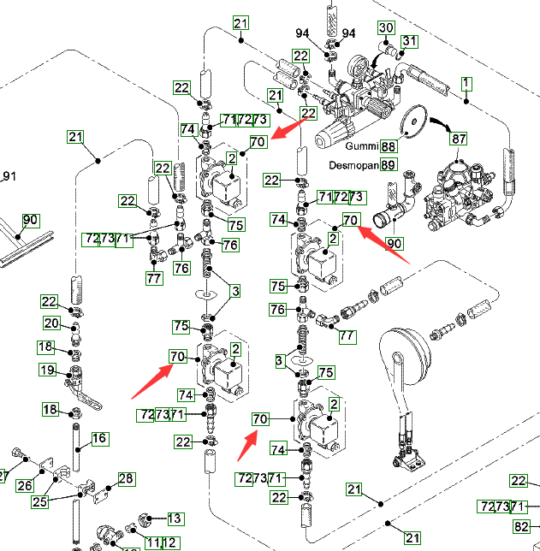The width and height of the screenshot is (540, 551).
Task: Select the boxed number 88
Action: (x=389, y=147)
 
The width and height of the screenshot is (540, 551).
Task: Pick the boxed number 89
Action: (x=389, y=165)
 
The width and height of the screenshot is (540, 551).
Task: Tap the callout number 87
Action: (x=460, y=139)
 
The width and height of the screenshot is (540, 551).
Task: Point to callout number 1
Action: (x=466, y=83)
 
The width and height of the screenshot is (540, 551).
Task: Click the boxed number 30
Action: (x=386, y=27)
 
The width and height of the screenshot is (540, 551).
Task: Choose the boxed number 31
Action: (x=409, y=42)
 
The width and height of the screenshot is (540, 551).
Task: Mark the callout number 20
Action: (x=51, y=323)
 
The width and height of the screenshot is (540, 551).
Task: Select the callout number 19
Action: (x=46, y=370)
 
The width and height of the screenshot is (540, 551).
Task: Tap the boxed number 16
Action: (x=99, y=438)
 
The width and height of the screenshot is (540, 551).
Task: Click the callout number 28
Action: (x=126, y=478)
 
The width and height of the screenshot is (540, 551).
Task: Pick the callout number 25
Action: (x=39, y=502)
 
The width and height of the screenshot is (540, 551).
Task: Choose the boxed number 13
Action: (x=175, y=518)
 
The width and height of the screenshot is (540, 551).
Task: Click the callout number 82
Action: (x=521, y=527)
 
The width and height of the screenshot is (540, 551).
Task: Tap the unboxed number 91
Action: (x=9, y=177)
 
